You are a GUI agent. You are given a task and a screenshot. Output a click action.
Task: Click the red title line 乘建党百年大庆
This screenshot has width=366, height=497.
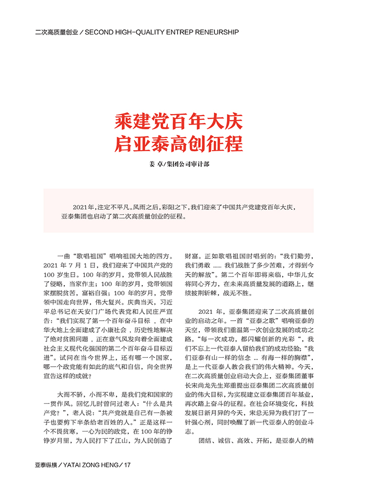pos(179,122)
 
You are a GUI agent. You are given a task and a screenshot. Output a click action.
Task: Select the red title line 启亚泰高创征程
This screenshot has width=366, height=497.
pos(179,144)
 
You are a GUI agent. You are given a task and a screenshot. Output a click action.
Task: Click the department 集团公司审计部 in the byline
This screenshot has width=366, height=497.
pos(190,164)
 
